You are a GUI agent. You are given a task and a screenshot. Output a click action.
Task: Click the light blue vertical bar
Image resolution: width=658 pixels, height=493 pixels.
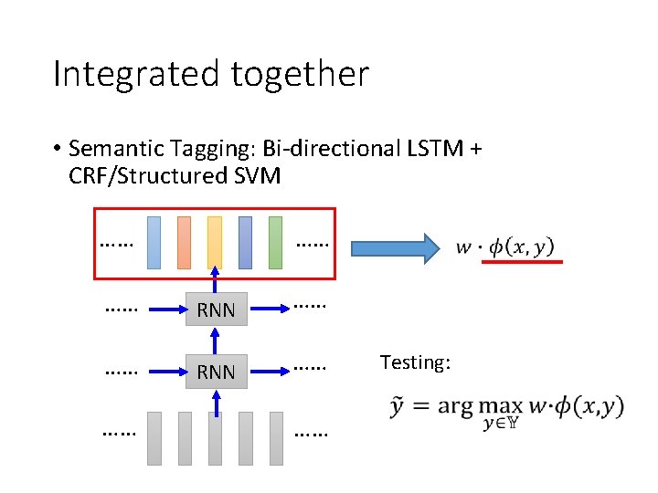coord(154,242)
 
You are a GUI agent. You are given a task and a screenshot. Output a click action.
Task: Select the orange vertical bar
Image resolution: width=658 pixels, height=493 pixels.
coord(184,242)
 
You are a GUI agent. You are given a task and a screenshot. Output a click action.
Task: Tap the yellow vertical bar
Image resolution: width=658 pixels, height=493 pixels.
coord(215,242)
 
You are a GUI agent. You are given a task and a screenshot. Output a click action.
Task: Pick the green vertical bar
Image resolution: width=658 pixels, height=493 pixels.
coord(275,242)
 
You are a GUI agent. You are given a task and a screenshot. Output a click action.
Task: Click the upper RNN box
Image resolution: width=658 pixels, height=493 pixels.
coord(216,309)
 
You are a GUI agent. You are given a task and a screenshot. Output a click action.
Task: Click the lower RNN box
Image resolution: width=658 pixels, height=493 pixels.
coord(216,372)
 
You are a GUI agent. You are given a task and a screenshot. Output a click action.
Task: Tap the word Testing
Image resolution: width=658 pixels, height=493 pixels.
coord(415,362)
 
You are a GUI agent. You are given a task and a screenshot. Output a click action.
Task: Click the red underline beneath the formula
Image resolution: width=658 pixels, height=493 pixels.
coord(522,262)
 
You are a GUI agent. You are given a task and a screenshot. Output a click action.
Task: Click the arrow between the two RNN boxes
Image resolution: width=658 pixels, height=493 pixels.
coord(216,340)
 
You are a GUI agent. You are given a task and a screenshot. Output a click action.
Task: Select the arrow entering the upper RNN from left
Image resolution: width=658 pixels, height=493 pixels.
coord(164,309)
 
